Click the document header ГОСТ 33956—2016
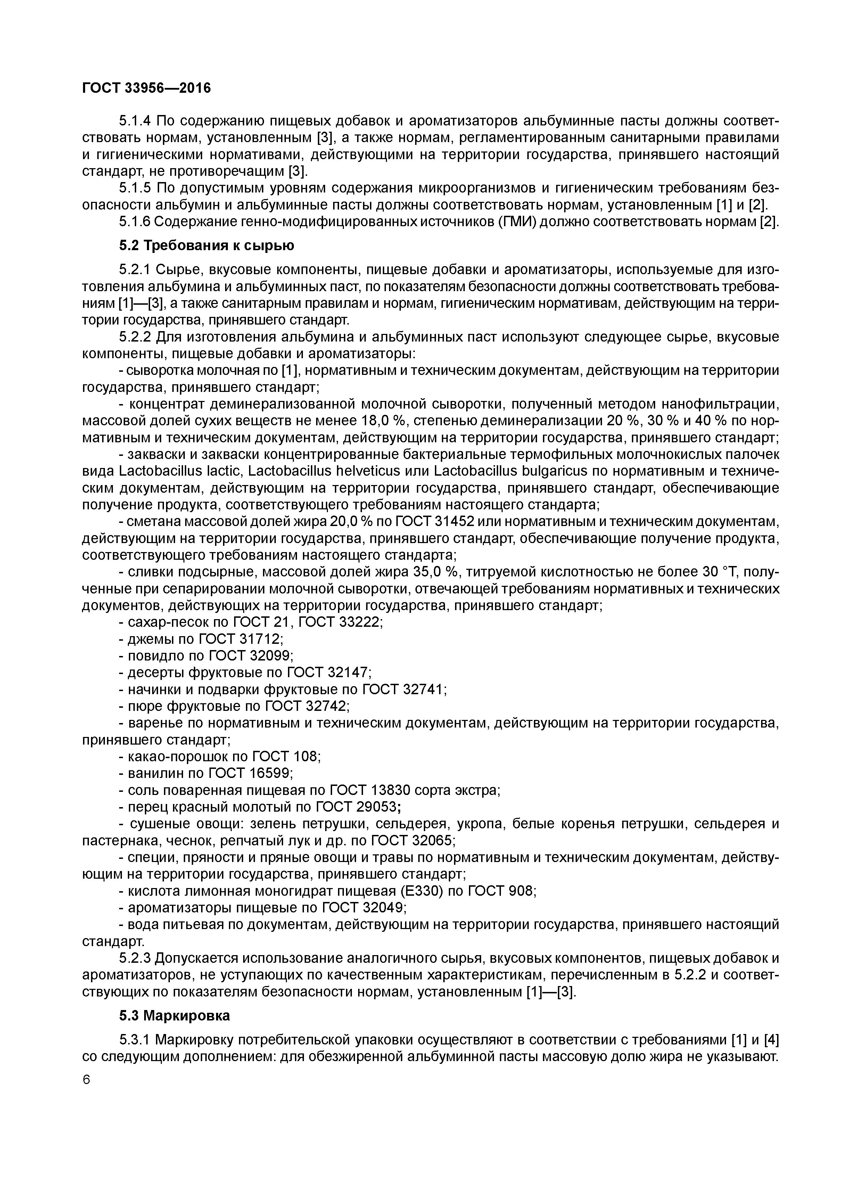point(147,89)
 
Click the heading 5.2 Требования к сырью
point(206,245)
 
